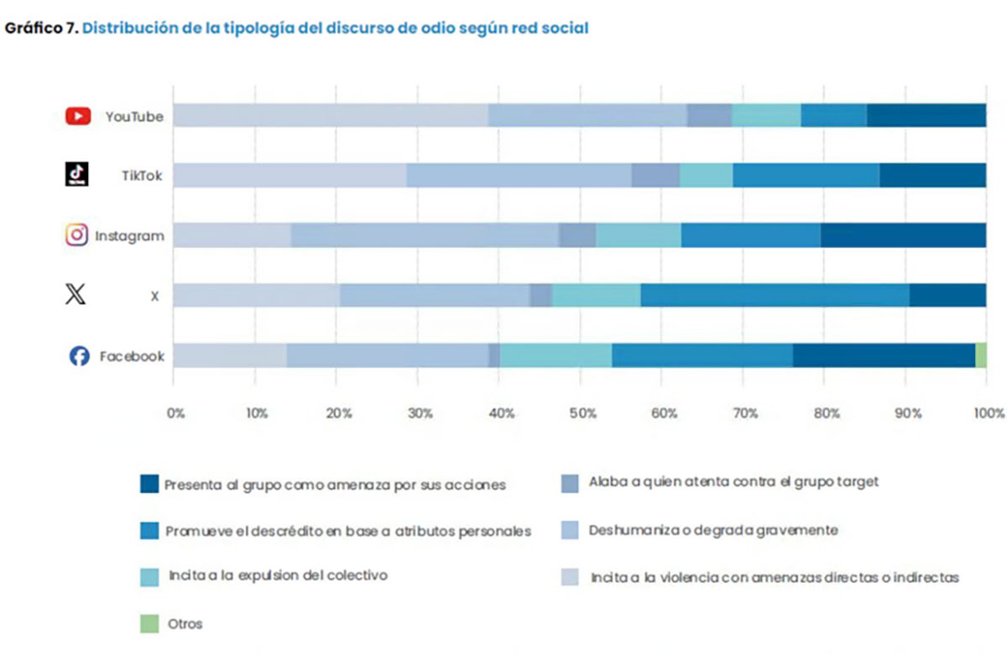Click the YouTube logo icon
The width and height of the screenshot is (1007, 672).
[x=77, y=116]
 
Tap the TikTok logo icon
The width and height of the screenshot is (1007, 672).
[x=77, y=175]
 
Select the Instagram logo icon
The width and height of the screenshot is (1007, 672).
[x=77, y=235]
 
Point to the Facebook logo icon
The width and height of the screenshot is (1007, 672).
[x=79, y=356]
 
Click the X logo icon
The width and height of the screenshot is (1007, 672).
[x=76, y=295]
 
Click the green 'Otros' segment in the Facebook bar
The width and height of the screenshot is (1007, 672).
[x=980, y=355]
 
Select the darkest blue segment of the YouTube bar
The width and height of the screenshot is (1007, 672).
[x=926, y=115]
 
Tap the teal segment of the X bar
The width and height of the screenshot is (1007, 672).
[x=596, y=295]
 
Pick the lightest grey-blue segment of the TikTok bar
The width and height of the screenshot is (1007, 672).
[x=290, y=175]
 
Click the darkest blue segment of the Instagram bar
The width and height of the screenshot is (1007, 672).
[x=903, y=235]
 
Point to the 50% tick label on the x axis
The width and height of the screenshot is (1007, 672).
[x=582, y=413]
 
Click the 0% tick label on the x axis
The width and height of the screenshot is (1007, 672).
[x=175, y=413]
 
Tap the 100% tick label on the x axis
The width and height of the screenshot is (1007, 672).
[x=989, y=413]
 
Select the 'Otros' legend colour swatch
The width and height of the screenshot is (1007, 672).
[x=149, y=624]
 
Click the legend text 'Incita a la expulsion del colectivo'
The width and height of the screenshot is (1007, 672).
[x=278, y=576]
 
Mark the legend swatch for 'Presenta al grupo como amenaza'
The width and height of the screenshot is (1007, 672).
[x=149, y=484]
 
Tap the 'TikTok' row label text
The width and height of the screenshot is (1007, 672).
[x=141, y=176]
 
